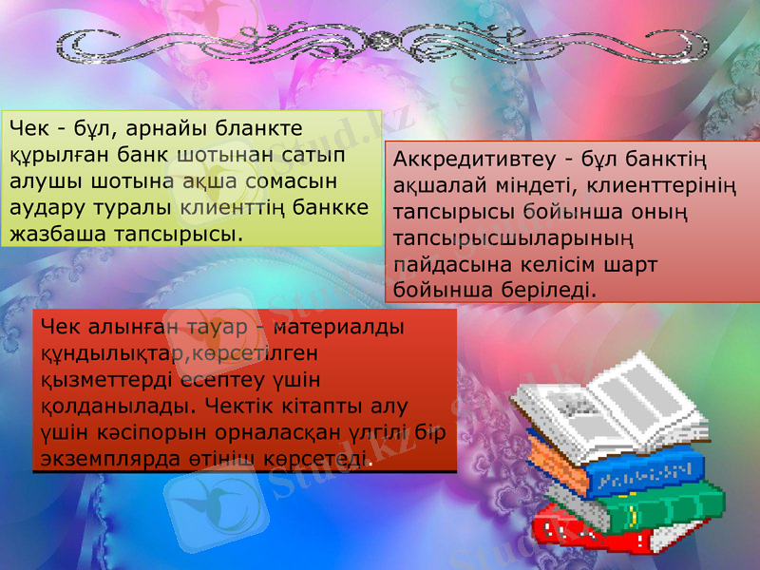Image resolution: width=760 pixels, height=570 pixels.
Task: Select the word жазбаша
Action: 54,231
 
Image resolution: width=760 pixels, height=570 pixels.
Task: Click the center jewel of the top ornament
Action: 381,40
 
